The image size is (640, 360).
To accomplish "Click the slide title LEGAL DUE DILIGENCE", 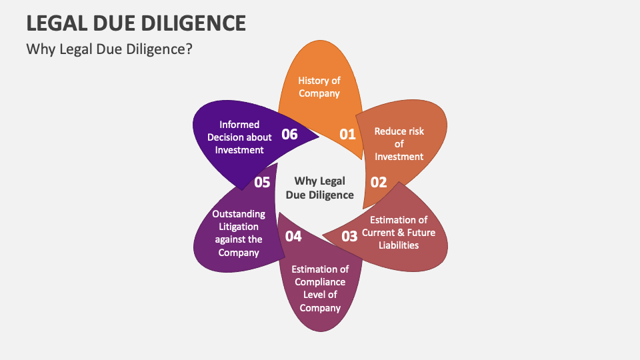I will click(136, 23).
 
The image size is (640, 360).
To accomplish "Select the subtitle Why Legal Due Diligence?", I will click(109, 49).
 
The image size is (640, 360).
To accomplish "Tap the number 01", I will click(348, 134).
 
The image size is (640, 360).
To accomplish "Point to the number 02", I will click(379, 182).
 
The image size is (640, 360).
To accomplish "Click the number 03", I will click(349, 235).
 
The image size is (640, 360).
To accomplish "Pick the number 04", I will click(293, 235).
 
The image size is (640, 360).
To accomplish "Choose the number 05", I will click(262, 182).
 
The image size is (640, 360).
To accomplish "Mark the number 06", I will click(289, 134).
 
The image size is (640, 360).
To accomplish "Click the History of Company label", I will click(319, 87).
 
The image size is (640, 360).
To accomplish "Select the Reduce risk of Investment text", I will click(399, 144).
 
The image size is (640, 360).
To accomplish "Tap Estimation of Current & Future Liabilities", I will click(399, 232).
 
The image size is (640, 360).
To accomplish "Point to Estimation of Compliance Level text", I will click(320, 289).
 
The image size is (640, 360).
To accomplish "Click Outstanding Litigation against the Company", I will click(239, 233).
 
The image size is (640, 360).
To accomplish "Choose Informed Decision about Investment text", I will click(239, 137).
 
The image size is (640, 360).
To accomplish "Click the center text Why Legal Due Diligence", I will click(320, 188).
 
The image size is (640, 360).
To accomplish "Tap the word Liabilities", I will click(399, 245).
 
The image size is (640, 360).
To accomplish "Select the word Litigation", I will click(239, 227).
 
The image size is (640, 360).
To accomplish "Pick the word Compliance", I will click(320, 282).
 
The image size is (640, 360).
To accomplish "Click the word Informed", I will click(239, 125).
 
